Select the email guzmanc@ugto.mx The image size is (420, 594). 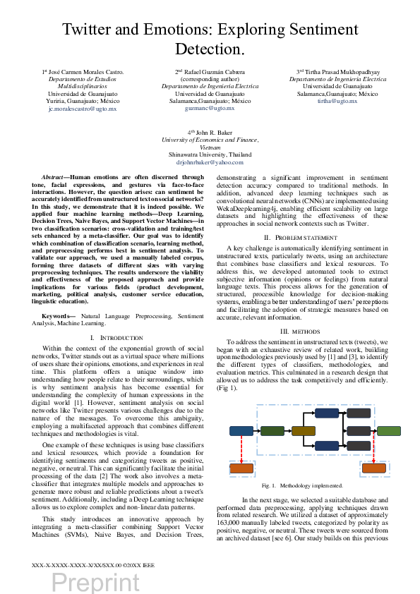(x=210, y=109)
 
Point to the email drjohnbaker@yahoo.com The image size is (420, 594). (x=210, y=162)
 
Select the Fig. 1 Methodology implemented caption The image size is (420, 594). (x=301, y=485)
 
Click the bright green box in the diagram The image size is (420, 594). (x=389, y=431)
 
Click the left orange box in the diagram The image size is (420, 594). (x=241, y=468)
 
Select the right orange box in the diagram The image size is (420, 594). (x=373, y=468)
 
